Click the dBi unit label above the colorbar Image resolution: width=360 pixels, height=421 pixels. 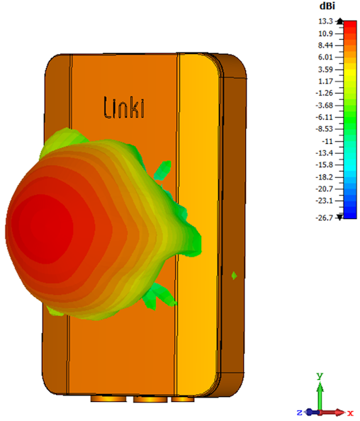(327, 6)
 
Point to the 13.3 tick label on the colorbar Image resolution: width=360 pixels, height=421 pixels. (325, 21)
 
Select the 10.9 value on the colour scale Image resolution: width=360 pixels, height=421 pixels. (325, 33)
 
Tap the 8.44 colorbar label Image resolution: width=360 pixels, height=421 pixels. (325, 45)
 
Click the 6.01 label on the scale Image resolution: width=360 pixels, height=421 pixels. (325, 57)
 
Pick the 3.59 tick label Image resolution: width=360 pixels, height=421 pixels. (325, 69)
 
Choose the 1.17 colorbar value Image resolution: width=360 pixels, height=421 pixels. (325, 81)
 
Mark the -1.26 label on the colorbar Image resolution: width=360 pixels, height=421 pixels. (325, 93)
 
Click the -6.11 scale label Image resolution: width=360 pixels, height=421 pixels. (325, 118)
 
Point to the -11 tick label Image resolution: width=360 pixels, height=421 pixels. (327, 141)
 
